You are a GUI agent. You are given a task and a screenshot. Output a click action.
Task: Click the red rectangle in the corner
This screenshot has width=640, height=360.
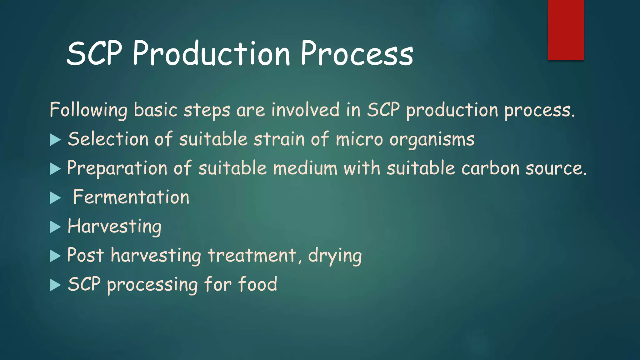coord(566,30)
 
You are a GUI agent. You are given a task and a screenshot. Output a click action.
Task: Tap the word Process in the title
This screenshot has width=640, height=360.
coord(357,54)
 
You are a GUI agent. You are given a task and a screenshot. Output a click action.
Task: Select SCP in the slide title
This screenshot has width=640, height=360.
coord(94,54)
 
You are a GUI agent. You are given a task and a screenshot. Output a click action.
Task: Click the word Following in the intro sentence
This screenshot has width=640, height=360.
coord(88,110)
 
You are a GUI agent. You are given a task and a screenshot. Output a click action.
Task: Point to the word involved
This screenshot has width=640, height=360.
coord(305,110)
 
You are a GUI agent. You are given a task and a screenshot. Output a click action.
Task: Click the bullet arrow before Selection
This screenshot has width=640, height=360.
coord(55,140)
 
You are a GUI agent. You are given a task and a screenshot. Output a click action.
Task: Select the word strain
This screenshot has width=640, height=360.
coord(279,139)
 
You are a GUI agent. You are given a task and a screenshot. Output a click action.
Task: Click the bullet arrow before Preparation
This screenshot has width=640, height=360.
coord(55,169)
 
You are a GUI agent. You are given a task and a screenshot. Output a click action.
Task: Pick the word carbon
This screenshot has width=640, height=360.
coord(490,168)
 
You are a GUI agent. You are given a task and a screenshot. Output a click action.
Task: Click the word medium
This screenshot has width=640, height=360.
coord(305,168)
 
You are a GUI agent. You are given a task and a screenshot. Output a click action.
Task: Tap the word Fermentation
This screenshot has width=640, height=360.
coord(131,197)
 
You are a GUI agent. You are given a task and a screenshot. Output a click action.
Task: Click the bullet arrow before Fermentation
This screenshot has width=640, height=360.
coord(55,198)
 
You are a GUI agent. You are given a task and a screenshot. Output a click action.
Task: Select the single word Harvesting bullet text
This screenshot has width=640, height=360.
coord(114,227)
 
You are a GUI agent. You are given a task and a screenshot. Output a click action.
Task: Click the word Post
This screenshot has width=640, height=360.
coord(85,255)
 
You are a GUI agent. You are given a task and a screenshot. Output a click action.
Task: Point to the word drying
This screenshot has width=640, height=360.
coord(335,256)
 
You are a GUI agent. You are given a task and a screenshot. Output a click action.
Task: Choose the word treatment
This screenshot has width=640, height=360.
coord(252,255)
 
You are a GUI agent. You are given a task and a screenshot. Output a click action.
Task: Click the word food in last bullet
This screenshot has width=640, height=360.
coord(257,284)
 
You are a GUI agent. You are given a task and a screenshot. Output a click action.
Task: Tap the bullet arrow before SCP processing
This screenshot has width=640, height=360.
coord(55,285)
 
